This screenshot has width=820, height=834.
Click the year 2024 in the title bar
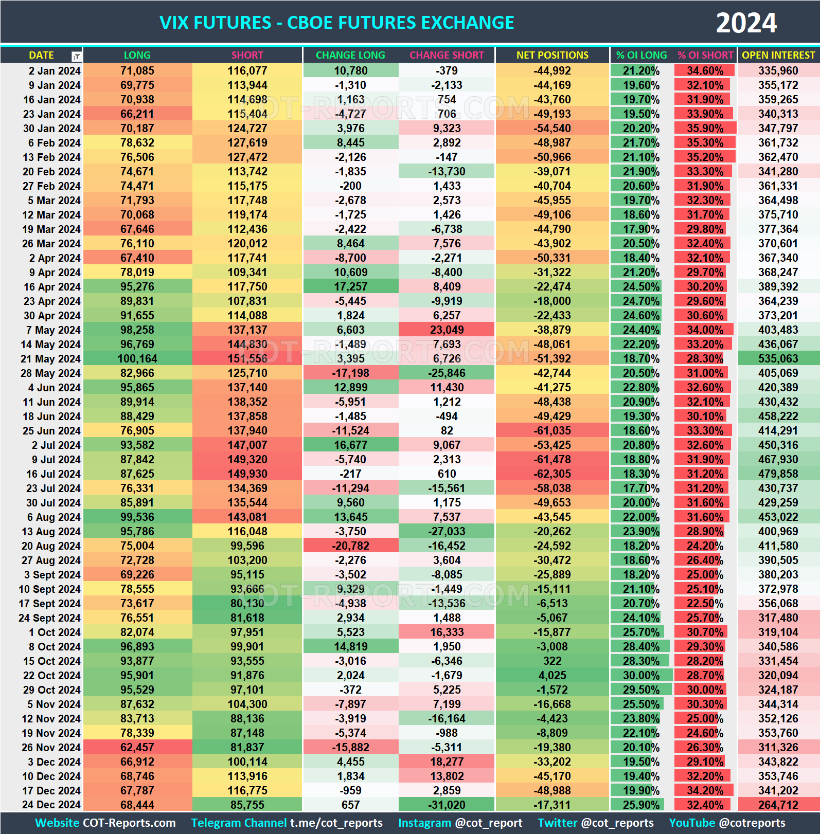[746, 23]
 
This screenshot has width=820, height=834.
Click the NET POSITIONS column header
[552, 55]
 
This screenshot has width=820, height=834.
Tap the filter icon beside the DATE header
[76, 56]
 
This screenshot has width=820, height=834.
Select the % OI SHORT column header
[705, 55]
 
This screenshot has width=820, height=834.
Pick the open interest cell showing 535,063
[778, 358]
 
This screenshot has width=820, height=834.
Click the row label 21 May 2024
[50, 358]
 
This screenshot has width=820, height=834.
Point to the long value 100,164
[137, 358]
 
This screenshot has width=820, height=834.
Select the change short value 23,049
[447, 330]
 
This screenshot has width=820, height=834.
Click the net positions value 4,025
[552, 675]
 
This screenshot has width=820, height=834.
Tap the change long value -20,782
[350, 546]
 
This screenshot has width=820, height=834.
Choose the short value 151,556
[247, 358]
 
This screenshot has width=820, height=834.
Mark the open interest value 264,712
[778, 805]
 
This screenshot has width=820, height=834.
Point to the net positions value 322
[552, 661]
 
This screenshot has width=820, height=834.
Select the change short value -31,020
[447, 805]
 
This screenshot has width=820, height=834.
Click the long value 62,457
[137, 747]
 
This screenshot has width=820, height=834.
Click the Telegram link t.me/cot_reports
[336, 823]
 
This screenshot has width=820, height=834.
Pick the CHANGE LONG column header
[350, 55]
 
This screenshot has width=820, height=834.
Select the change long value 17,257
[350, 286]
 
